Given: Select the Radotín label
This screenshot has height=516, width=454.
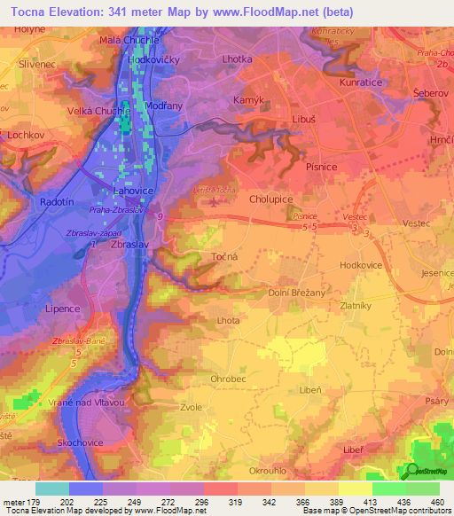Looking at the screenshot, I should tap(58, 202).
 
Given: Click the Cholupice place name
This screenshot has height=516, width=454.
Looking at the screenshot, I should tap(270, 200).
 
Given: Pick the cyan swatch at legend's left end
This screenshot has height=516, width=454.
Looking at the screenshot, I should tap(51, 489).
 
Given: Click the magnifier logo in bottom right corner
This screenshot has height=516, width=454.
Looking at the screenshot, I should tap(411, 471).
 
